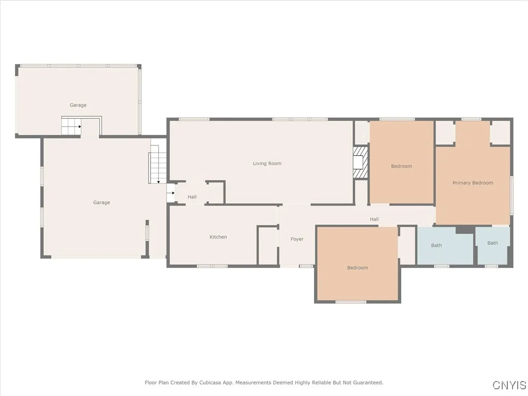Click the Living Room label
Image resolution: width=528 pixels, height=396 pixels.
267,163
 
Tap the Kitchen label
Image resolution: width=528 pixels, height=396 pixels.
218,237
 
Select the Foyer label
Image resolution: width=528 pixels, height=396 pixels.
297,239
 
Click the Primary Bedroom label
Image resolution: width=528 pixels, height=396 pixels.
472,183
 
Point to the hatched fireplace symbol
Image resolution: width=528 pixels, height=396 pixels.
361,163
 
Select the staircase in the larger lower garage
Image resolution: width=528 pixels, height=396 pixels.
158,164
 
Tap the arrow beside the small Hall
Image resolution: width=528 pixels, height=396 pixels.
171,193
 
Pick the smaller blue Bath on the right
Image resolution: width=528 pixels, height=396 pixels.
493,246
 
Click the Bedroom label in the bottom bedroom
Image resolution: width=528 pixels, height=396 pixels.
357,268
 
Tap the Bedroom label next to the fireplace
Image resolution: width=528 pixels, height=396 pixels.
401,166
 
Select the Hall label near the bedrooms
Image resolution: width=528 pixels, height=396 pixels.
374,219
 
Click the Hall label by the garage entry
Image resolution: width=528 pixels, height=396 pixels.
192,196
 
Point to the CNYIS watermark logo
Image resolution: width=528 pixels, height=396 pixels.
509,385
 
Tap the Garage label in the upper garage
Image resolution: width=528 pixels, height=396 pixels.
78,105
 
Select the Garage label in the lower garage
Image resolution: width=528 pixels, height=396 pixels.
102,203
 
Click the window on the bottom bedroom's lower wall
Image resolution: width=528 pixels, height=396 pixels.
351,302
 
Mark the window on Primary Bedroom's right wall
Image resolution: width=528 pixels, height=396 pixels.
511,195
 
